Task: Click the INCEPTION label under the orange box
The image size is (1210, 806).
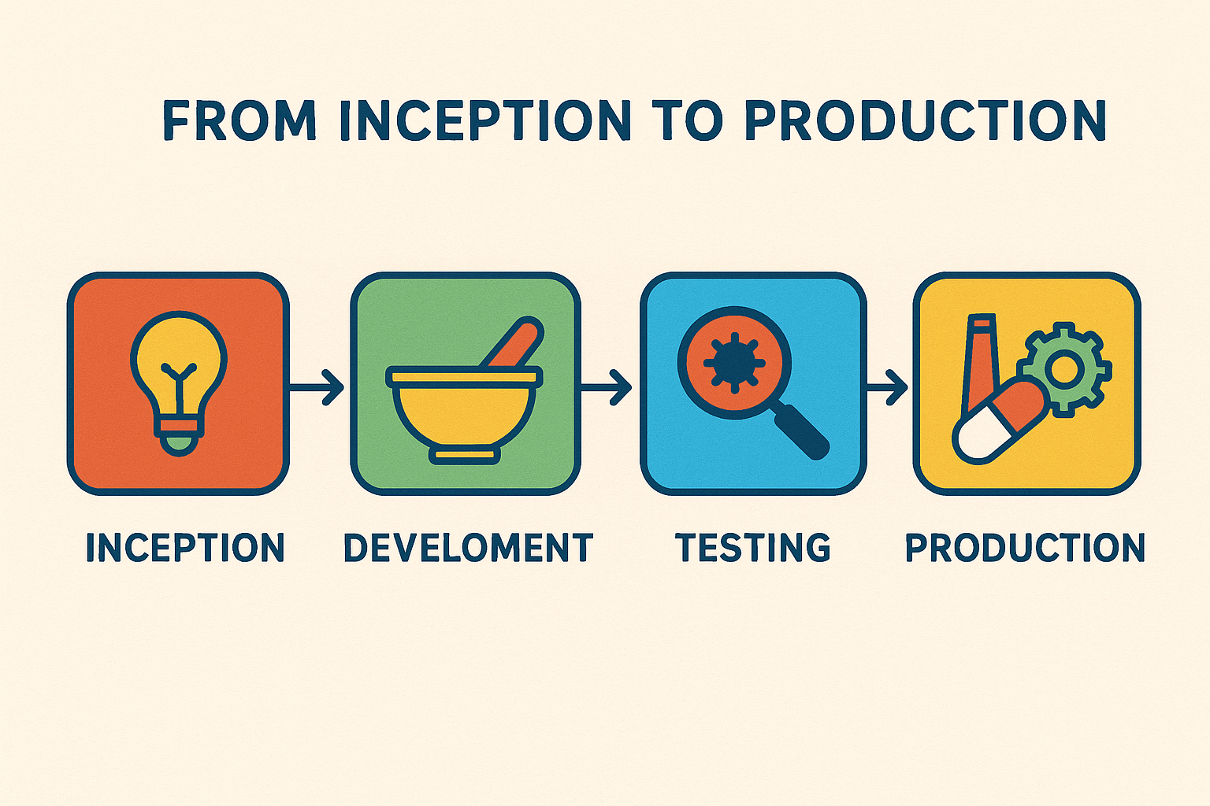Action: coord(185,547)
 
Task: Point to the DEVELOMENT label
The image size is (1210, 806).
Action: coord(469,547)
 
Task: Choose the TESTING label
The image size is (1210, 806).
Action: coord(752,547)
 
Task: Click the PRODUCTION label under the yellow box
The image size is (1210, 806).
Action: coord(1025,547)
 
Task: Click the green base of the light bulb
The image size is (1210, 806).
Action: coord(179,444)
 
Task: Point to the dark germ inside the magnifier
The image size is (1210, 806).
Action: coord(734,364)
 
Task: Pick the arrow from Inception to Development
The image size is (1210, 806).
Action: coord(316,387)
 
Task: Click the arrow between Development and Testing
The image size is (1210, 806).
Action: coord(606,387)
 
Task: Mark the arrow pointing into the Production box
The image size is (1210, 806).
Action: coord(887,387)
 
